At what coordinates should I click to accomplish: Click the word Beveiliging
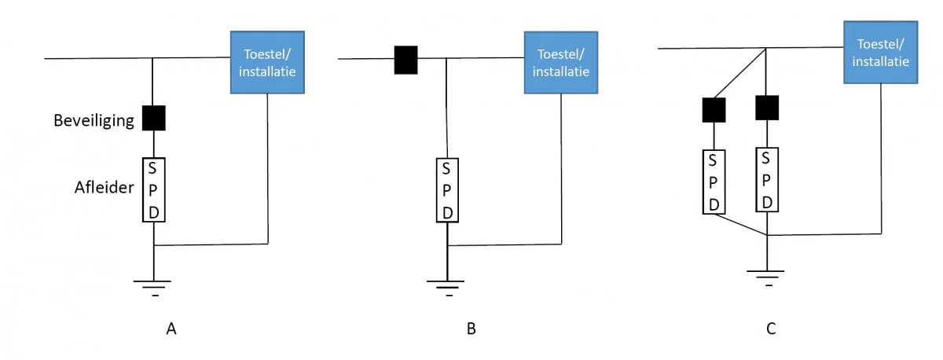coord(94,121)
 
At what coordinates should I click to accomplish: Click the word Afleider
coord(104,187)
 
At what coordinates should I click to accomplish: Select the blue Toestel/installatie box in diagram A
coord(267,62)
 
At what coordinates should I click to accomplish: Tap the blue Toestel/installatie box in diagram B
coord(561,62)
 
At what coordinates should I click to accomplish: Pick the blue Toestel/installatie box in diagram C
coord(881,52)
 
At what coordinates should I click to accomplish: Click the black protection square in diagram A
coord(154,118)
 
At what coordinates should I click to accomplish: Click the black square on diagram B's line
coord(405,60)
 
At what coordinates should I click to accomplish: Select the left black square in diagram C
coord(714,110)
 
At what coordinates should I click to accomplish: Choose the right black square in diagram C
coord(767,108)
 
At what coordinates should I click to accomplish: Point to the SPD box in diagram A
coord(154,190)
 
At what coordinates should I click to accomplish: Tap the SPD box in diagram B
coord(447,190)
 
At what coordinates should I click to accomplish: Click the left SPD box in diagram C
coord(714,182)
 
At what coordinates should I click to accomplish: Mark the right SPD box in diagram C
coord(767,180)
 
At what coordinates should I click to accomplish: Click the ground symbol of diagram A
coord(152,288)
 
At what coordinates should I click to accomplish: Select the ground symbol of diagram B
coord(446,288)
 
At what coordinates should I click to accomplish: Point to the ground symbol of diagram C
coord(765,278)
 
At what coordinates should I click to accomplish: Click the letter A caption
coord(171,329)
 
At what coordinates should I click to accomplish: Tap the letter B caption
coord(471,329)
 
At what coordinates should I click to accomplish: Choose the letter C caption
coord(771,329)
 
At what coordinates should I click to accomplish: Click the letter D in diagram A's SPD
coord(154,213)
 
